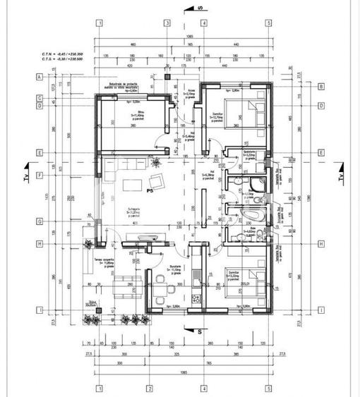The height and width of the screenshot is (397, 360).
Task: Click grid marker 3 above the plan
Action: pyautogui.click(x=167, y=22)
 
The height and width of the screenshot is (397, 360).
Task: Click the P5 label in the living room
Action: pyautogui.click(x=150, y=190)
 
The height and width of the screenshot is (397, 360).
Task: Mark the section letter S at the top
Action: pyautogui.click(x=200, y=8)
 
